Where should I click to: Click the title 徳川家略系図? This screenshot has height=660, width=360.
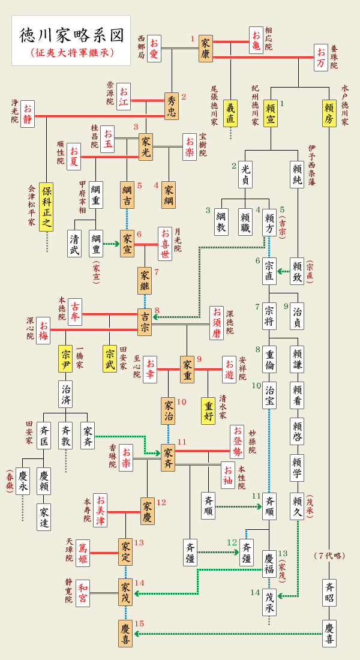[71, 35]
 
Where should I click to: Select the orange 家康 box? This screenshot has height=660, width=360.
[206, 49]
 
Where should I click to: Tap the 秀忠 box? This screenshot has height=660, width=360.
[172, 106]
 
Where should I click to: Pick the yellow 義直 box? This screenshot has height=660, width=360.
[230, 112]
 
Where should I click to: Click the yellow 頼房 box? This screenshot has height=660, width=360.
[329, 112]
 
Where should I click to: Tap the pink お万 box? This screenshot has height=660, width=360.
[321, 58]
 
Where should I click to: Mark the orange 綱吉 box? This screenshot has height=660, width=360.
[127, 194]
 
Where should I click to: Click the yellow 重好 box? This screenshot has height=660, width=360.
[208, 411]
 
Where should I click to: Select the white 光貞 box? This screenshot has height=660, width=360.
[245, 175]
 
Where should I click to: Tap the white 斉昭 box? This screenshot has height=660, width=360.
[329, 592]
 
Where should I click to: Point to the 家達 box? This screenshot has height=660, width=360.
[44, 517]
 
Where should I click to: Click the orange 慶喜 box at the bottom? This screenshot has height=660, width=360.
[125, 633]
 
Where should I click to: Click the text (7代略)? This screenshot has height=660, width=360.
[329, 556]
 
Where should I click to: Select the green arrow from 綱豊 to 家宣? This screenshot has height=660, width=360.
[111, 244]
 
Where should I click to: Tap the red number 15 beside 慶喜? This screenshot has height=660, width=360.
[139, 623]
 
